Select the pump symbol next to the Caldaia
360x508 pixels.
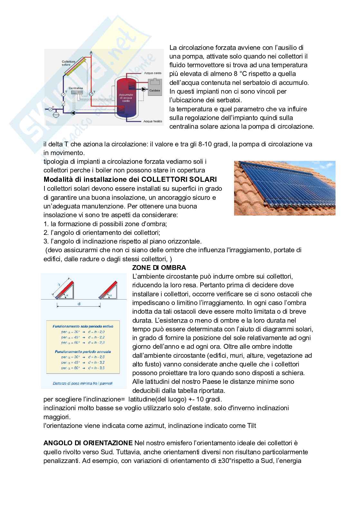pos(143,89)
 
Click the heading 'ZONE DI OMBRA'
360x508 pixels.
pos(159,268)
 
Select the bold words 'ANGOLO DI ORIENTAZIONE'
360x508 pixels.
pos(88,443)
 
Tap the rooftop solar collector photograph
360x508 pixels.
pos(285,188)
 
